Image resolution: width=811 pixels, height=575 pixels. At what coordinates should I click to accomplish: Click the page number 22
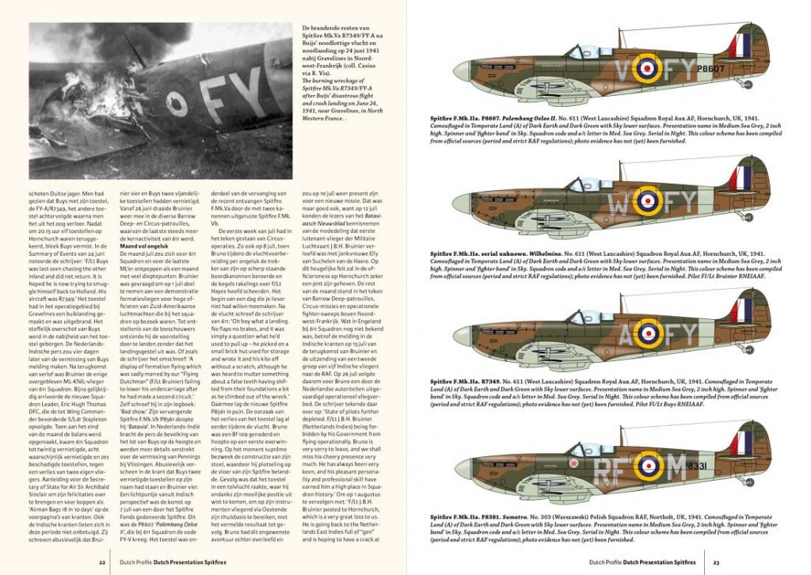tap(102, 563)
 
